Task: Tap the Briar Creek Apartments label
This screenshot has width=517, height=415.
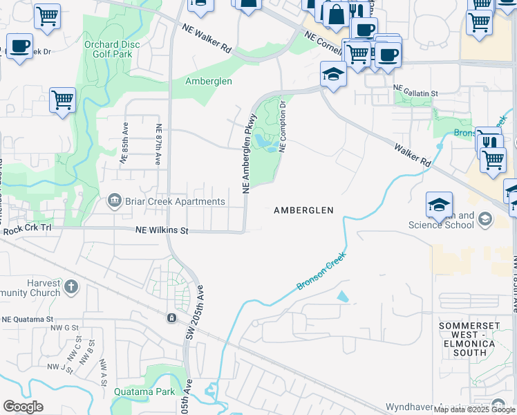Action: point(176,202)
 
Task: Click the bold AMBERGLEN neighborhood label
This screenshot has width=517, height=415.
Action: point(304,210)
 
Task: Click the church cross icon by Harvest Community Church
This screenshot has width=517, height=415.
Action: point(70,286)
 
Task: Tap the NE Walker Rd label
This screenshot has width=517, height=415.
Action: point(207,39)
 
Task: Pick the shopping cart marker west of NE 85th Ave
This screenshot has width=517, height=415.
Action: point(62,100)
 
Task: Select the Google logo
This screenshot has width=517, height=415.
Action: point(23,407)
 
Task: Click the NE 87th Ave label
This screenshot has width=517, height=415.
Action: point(158,144)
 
